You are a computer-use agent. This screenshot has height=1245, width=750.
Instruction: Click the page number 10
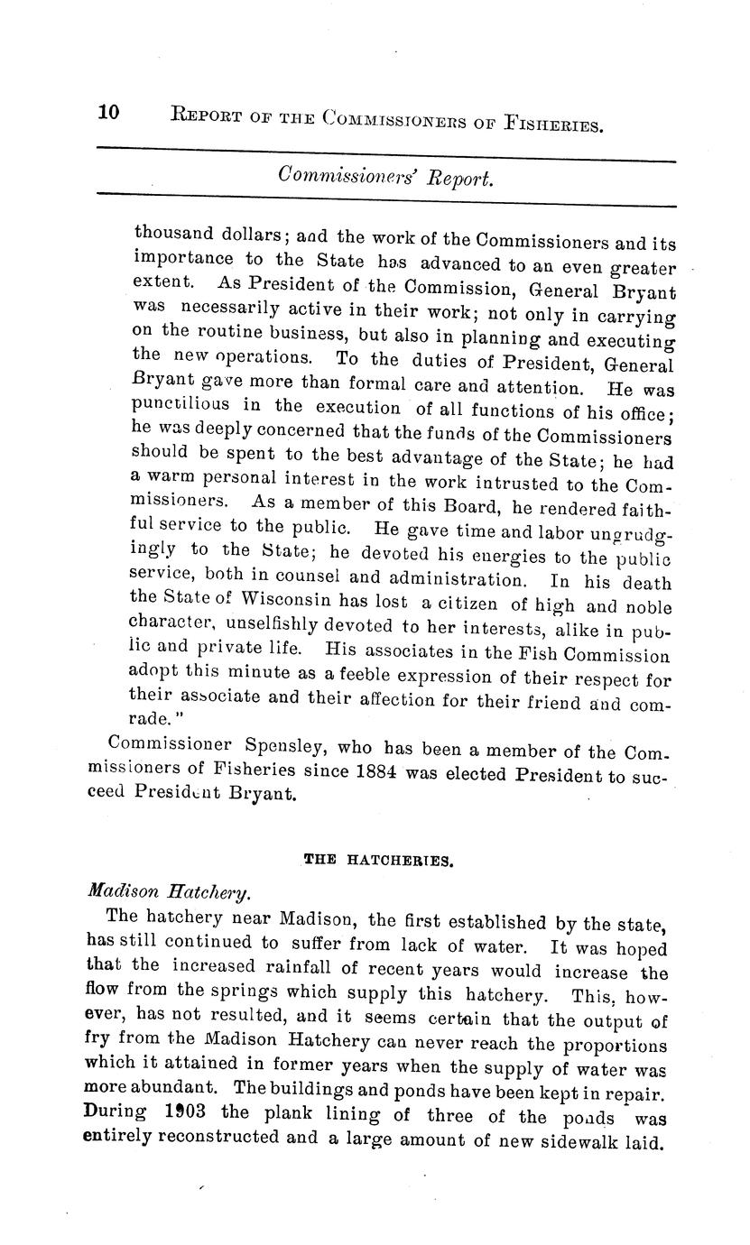108,112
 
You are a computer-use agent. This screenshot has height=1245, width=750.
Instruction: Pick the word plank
290,1115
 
